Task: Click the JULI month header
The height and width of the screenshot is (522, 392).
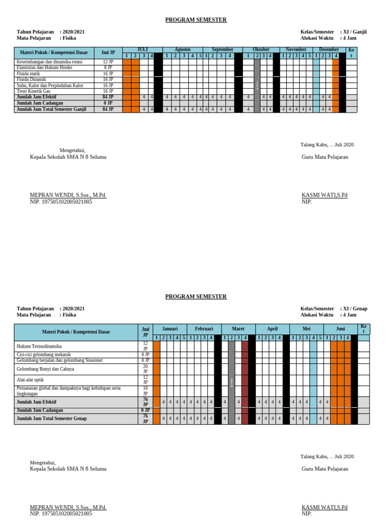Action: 142,49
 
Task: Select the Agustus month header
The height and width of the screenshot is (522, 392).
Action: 182,49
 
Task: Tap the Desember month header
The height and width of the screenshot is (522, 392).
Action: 329,49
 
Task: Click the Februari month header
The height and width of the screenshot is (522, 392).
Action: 204,329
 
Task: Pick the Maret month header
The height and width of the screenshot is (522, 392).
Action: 238,329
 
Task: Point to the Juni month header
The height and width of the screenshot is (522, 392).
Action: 340,329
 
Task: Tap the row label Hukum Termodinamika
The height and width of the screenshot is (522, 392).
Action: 39,347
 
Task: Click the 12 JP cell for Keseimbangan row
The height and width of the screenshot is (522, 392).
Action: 108,62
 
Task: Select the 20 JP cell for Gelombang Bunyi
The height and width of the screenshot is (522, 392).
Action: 145,369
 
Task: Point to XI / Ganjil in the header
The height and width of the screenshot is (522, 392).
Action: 354,32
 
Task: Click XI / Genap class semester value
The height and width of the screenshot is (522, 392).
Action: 355,308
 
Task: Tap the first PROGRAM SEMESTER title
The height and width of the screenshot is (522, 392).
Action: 196,20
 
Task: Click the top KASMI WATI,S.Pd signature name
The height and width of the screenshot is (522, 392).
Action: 324,195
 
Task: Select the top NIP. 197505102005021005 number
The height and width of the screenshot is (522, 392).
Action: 61,202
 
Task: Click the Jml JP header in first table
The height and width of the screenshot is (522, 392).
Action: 108,53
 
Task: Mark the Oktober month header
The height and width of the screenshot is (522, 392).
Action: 261,49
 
